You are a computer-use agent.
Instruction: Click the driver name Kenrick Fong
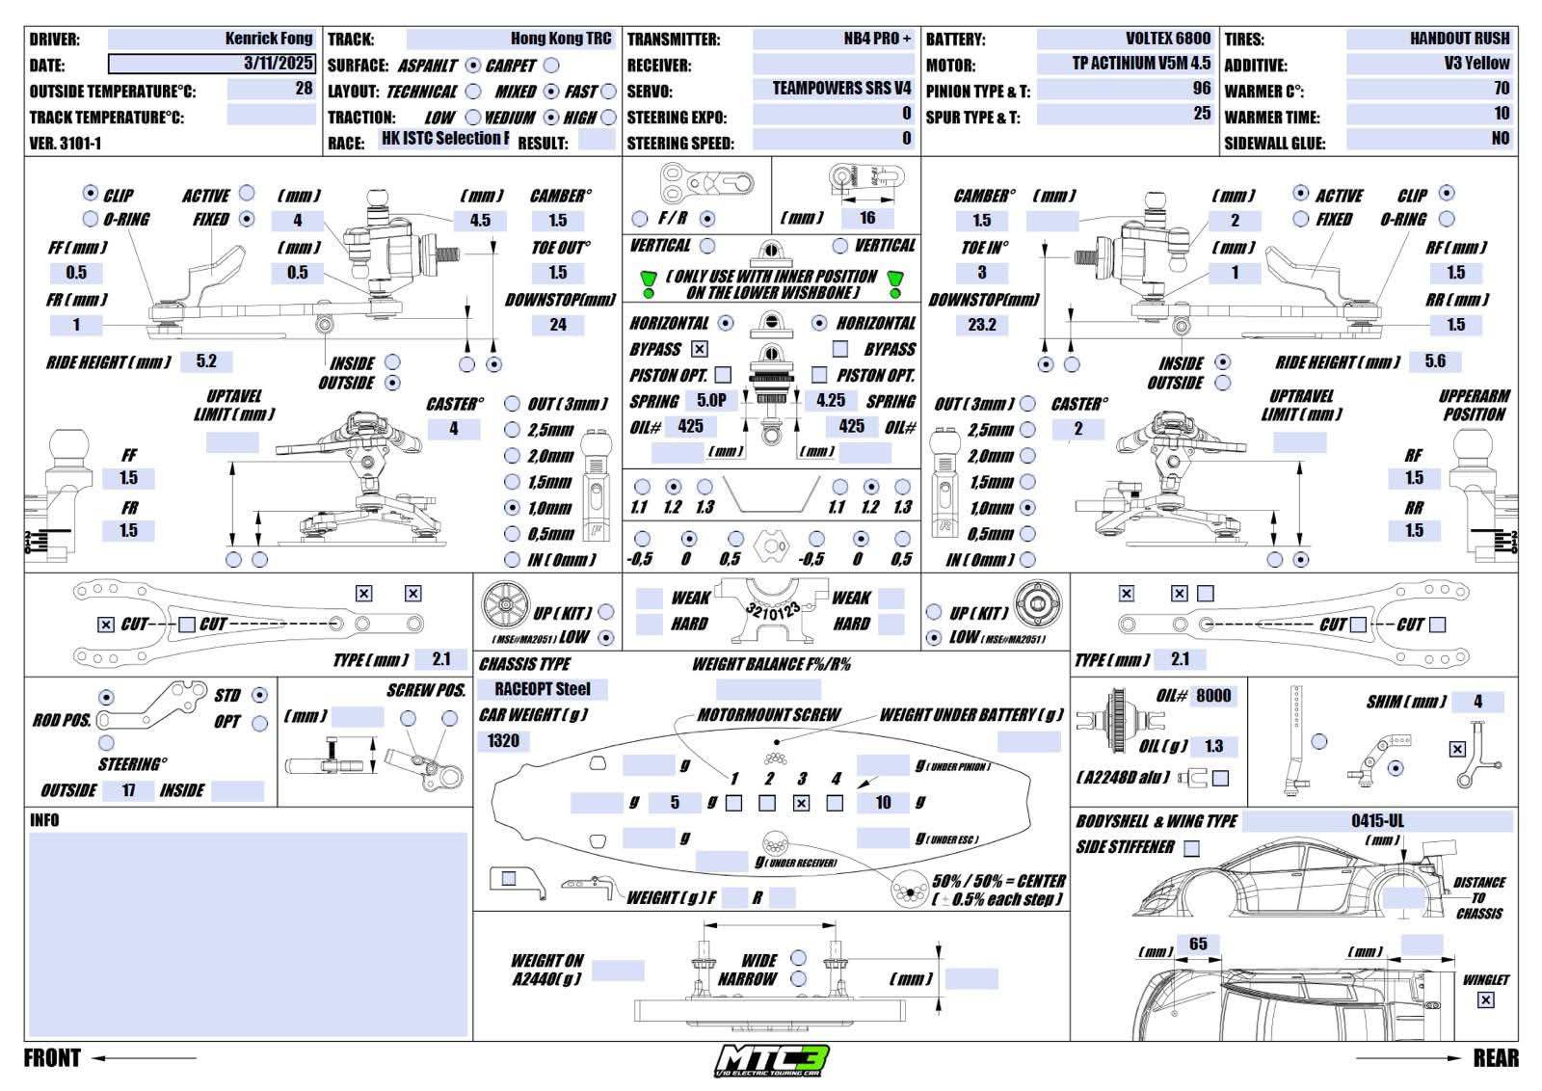pos(268,40)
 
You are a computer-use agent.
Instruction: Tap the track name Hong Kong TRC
pos(560,40)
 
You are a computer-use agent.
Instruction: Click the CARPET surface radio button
pos(550,66)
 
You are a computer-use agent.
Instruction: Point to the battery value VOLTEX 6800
pos(1167,40)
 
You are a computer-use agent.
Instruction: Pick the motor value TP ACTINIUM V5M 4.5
pos(1140,64)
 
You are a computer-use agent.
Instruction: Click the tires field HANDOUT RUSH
pos(1459,40)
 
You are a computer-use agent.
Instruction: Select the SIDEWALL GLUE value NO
pos(1500,139)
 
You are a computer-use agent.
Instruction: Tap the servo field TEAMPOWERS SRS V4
pos(840,89)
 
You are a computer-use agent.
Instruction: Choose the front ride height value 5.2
pos(206,362)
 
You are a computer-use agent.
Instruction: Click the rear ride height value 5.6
pos(1435,361)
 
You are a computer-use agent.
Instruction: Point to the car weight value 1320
pos(503,741)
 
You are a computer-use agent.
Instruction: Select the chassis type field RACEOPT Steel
pos(543,689)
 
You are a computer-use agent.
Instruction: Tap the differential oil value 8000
pos(1212,696)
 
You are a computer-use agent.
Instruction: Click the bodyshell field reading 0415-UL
pos(1376,822)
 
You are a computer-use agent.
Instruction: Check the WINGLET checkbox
pos(1485,1000)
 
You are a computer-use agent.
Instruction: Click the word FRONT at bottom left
pos(52,1058)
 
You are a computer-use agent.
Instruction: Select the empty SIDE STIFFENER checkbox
pos(1192,848)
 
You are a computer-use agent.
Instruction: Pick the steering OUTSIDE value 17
pos(129,791)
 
